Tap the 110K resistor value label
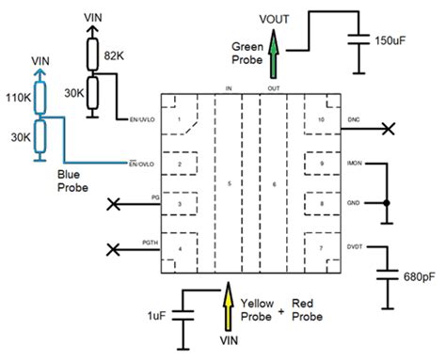16,97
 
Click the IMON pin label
355,163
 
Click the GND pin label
353,203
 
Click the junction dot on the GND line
386,203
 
